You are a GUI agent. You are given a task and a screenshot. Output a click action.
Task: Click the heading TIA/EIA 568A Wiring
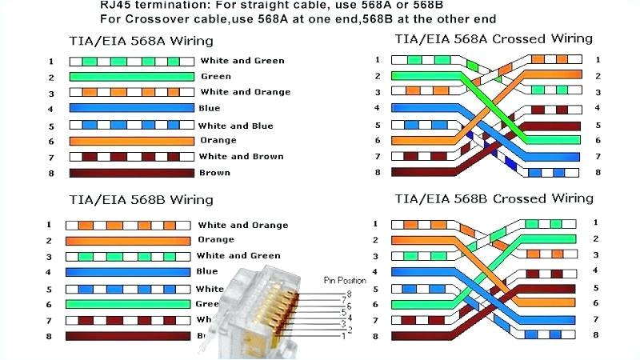pyautogui.click(x=140, y=40)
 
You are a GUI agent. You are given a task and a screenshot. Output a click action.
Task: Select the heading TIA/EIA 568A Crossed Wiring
pyautogui.click(x=494, y=38)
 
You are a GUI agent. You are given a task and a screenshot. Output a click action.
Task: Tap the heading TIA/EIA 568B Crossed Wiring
pyautogui.click(x=494, y=198)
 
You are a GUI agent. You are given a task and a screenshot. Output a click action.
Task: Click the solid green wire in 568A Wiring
pyautogui.click(x=131, y=77)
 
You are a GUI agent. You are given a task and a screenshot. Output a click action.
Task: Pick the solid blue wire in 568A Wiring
pyautogui.click(x=131, y=108)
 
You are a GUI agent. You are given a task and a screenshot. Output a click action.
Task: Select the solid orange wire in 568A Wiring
pyautogui.click(x=131, y=141)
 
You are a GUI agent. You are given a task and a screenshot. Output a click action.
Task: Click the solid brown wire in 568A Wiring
pyautogui.click(x=131, y=173)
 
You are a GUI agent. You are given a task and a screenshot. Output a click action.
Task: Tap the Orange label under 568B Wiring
pyautogui.click(x=215, y=239)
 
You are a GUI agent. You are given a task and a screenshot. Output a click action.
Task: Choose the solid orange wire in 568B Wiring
pyautogui.click(x=128, y=240)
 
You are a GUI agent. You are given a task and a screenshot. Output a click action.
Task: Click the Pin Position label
pyautogui.click(x=345, y=281)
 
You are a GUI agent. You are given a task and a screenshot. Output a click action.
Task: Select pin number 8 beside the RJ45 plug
pyautogui.click(x=347, y=294)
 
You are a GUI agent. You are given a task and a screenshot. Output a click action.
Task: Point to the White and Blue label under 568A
pyautogui.click(x=235, y=126)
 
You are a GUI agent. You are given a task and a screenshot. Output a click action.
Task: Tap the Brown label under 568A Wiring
pyautogui.click(x=214, y=173)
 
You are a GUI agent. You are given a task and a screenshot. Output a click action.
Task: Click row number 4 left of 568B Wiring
pyautogui.click(x=49, y=272)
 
